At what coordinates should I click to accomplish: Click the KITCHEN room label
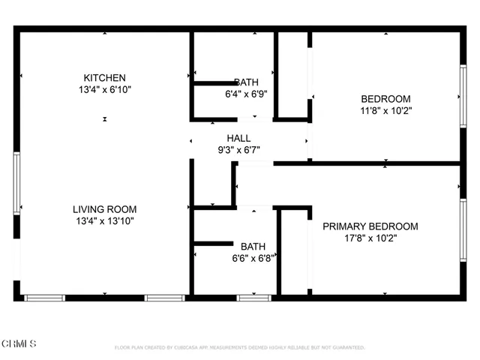point(104,78)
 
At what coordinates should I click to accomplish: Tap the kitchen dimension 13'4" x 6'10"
point(104,90)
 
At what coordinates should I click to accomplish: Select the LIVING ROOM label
point(104,209)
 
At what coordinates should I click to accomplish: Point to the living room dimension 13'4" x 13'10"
point(104,221)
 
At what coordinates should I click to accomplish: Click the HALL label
point(238,138)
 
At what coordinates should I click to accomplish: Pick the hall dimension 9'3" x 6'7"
point(238,150)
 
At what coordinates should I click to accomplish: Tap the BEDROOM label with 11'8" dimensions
point(385,99)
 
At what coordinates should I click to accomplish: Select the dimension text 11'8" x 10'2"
point(385,111)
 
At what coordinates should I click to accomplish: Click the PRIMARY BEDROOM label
point(370,226)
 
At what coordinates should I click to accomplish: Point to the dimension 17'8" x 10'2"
point(370,238)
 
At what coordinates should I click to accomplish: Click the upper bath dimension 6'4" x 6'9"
point(247,94)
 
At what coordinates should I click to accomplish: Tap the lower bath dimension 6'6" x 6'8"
point(252,257)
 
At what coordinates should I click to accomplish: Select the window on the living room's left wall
point(16,181)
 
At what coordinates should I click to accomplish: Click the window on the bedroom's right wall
point(463,93)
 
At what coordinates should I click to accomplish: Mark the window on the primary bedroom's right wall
point(463,229)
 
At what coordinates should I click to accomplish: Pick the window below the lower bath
point(253,298)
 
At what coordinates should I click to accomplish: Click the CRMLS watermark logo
point(19,344)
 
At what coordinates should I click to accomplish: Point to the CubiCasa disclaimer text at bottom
point(239,348)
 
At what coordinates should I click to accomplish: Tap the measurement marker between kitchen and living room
point(104,119)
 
